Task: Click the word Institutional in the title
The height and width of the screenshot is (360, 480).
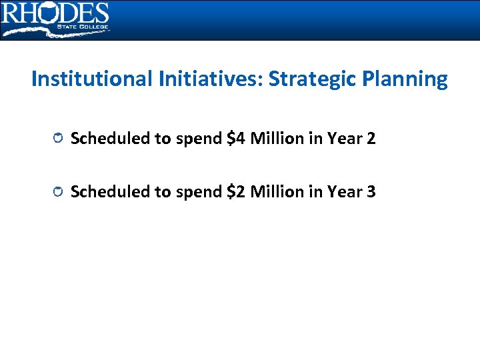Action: (x=92, y=79)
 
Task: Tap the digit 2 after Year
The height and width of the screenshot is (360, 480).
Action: (x=371, y=139)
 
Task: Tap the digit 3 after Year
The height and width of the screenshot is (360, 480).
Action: (x=371, y=192)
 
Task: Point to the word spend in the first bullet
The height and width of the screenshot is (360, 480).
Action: (x=199, y=139)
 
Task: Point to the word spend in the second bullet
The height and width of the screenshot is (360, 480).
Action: (x=199, y=192)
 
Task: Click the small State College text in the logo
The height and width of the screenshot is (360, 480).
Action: (x=85, y=27)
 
